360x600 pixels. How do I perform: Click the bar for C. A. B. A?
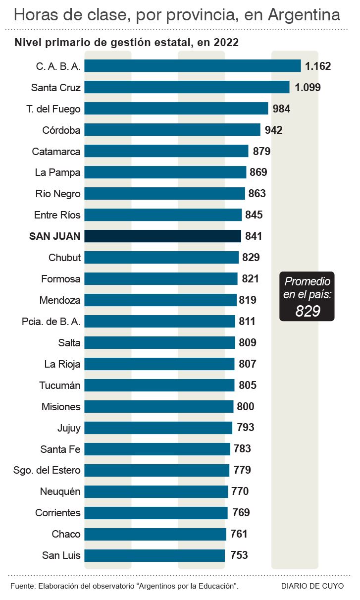coord(193,66)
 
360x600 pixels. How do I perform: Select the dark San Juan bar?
coord(163,236)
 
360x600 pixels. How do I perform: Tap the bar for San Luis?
coord(154,555)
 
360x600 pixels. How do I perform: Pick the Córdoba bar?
coord(172,130)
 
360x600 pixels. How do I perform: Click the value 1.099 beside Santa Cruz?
coord(308,88)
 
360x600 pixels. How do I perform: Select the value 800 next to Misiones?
coord(246,407)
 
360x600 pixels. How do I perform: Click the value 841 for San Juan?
coord(253,236)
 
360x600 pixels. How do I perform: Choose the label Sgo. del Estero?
coord(47,470)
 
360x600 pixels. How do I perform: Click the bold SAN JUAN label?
coord(55,236)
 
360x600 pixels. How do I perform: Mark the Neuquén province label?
coord(60,491)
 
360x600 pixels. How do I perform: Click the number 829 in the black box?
coord(308,311)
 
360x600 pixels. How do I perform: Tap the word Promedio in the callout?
coord(307,282)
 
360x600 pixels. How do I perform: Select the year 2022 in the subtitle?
coord(227,43)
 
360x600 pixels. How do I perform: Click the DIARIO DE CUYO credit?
coord(312,586)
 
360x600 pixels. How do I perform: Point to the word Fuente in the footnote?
coord(22,586)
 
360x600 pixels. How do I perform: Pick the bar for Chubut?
coord(161,258)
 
